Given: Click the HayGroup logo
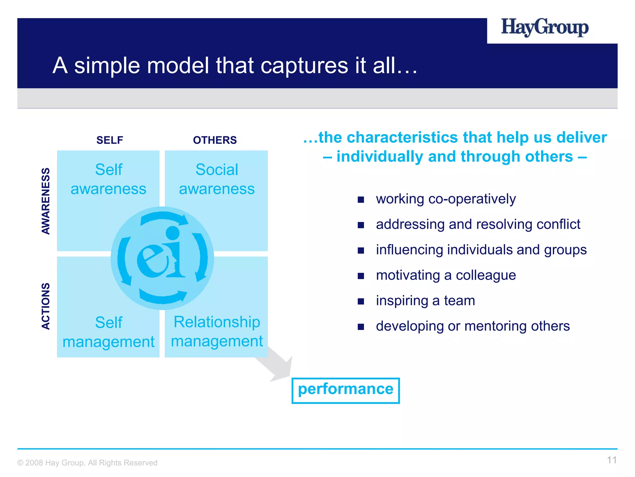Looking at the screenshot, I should [544, 28].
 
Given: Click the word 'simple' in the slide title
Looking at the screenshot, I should [107, 66].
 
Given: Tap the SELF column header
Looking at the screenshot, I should [109, 140].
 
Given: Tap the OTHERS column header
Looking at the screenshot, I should [215, 140].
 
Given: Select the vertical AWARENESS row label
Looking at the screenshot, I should [46, 201].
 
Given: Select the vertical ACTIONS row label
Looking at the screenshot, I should [46, 306].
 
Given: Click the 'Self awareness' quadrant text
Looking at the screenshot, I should [109, 179].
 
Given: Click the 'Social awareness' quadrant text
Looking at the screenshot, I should [217, 179].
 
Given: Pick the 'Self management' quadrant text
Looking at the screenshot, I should [109, 332].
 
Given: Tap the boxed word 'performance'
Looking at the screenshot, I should [345, 389].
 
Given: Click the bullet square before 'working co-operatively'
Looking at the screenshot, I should [361, 199].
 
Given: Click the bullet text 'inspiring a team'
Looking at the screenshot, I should [425, 301].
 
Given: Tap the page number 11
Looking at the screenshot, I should [611, 460].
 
